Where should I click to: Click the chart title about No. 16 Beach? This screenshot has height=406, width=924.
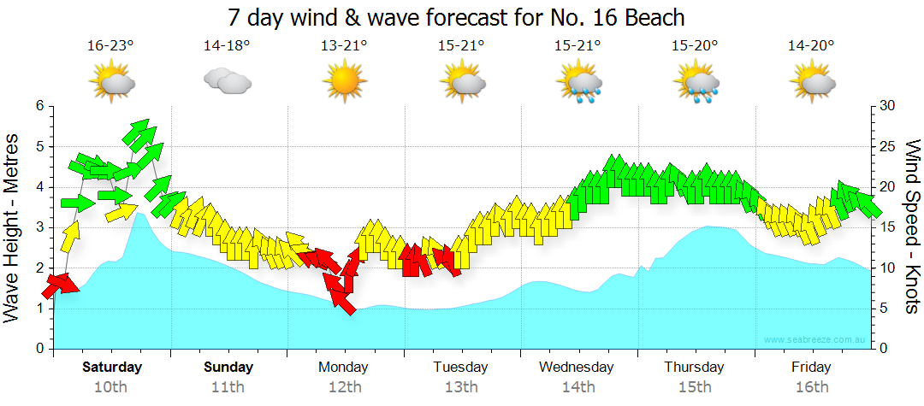458,17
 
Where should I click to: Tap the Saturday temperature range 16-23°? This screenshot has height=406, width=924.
111,45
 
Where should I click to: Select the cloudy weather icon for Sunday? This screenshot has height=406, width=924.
227,81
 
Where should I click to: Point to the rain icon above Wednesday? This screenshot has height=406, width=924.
578,84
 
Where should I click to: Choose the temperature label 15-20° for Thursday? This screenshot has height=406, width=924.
694,45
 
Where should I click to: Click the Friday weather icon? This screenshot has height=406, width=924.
812,83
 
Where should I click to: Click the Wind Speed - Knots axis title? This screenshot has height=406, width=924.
911,227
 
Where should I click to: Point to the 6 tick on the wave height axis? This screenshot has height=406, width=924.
38,106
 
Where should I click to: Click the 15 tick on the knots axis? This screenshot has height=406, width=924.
887,227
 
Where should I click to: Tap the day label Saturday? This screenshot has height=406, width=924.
112,368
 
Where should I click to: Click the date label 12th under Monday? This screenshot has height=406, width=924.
344,386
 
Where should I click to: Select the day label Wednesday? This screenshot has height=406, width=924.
577,368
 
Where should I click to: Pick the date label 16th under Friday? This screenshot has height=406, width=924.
811,386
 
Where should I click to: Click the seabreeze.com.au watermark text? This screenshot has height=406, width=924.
815,340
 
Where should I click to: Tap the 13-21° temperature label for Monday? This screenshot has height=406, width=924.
345,45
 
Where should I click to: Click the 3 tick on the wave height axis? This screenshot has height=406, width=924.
38,227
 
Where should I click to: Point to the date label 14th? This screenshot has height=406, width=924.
578,386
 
